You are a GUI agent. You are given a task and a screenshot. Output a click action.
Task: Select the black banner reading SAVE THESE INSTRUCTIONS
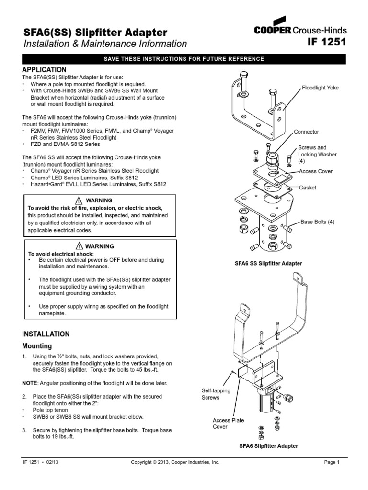(x=184, y=59)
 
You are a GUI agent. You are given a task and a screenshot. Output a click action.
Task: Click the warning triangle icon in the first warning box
(x=79, y=200)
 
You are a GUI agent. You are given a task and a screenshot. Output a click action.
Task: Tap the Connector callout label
(x=306, y=132)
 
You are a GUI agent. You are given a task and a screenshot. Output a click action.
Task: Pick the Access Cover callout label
(x=315, y=171)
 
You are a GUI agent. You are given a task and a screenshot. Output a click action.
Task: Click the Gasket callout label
(x=308, y=188)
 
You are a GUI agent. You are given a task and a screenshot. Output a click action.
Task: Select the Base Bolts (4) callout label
(x=317, y=222)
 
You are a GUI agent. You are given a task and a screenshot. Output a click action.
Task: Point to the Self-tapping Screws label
(x=216, y=394)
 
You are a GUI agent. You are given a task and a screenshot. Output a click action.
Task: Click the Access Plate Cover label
(x=228, y=423)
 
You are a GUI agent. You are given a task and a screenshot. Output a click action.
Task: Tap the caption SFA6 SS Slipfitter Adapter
(x=268, y=263)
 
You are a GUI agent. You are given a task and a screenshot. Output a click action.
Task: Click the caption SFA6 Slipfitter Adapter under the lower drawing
(x=268, y=445)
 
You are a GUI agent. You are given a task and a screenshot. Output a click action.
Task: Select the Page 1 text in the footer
(x=332, y=462)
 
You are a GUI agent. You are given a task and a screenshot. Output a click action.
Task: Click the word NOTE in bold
(x=31, y=384)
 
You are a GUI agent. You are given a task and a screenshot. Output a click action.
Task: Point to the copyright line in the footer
(x=175, y=462)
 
